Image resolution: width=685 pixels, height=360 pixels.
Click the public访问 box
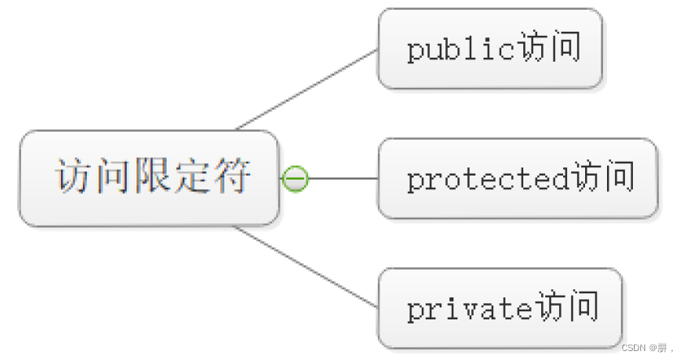(489, 49)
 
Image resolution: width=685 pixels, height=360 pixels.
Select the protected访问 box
(518, 178)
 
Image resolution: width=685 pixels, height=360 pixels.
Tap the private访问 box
(500, 308)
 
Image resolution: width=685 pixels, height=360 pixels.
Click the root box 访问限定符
(149, 178)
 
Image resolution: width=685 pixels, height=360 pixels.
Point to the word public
(461, 50)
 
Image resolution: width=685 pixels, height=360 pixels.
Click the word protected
(488, 179)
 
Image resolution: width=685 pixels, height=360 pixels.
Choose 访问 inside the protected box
(603, 178)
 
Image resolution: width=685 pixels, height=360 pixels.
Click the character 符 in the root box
(232, 176)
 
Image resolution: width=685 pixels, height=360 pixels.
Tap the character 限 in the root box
(152, 176)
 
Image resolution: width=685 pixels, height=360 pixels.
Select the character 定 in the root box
(192, 176)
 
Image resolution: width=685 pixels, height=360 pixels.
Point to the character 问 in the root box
(112, 176)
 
